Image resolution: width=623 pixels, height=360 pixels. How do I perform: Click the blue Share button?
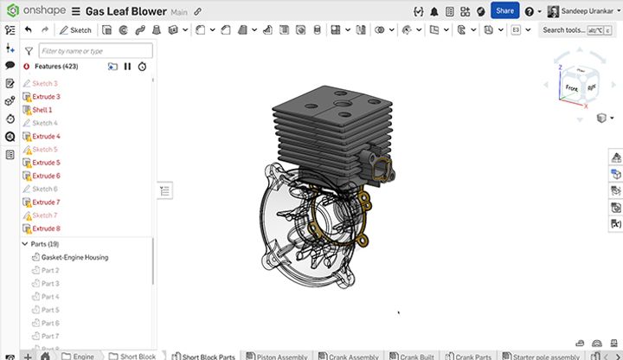[x=504, y=10]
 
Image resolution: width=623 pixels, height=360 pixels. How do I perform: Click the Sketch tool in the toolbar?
[x=75, y=29]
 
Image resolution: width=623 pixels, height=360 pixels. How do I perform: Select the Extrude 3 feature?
[x=46, y=97]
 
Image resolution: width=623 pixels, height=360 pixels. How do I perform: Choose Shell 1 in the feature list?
[x=42, y=110]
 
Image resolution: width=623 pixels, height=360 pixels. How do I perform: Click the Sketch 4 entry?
[x=44, y=123]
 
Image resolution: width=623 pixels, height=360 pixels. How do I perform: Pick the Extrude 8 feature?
[x=46, y=228]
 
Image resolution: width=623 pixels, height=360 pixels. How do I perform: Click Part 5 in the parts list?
[x=50, y=310]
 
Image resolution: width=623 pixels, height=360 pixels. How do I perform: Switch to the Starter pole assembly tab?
[x=545, y=356]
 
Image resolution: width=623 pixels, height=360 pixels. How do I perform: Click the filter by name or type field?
[x=95, y=51]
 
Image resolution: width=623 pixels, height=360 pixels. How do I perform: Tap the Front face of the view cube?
[x=571, y=88]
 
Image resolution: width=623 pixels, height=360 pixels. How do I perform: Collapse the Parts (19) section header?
[x=25, y=244]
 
